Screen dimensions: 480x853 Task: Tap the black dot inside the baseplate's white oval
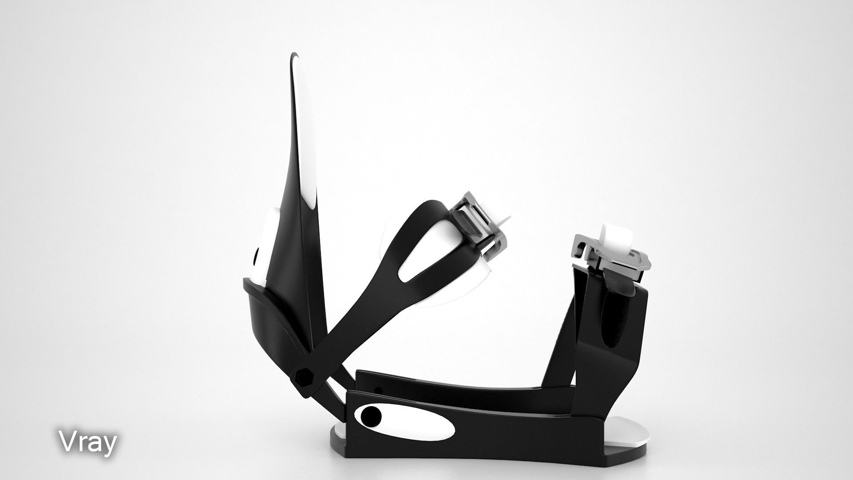coord(371,416)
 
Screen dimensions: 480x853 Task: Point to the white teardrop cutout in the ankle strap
coord(426,258)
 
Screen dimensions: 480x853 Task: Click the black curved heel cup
coord(271,320)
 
